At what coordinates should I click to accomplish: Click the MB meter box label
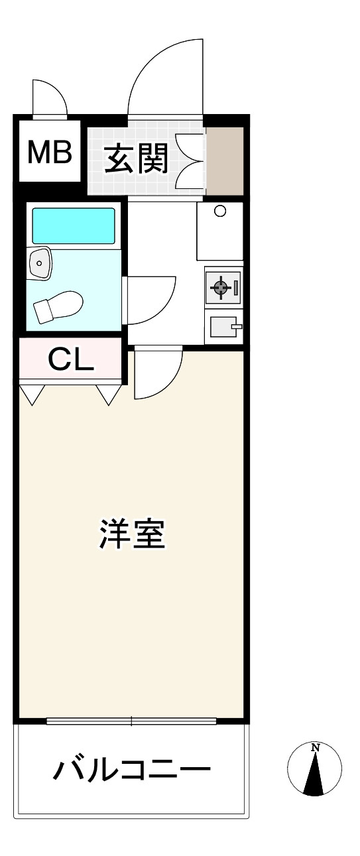pyautogui.click(x=50, y=152)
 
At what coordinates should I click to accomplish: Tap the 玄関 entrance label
pyautogui.click(x=137, y=158)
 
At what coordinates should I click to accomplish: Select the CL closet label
pyautogui.click(x=71, y=359)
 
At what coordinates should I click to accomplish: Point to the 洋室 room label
pyautogui.click(x=132, y=534)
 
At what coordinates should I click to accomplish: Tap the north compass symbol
pyautogui.click(x=314, y=768)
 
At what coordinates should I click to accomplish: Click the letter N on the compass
pyautogui.click(x=315, y=747)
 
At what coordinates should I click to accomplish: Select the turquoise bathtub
pyautogui.click(x=74, y=225)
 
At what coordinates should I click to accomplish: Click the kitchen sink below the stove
pyautogui.click(x=223, y=326)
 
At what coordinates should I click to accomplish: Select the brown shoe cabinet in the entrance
pyautogui.click(x=225, y=160)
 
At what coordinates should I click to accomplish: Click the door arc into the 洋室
pyautogui.click(x=172, y=383)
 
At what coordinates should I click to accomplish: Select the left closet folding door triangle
pyautogui.click(x=32, y=394)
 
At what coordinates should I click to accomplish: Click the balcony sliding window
pyautogui.click(x=131, y=721)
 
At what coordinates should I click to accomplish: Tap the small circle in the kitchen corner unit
pyautogui.click(x=219, y=211)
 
